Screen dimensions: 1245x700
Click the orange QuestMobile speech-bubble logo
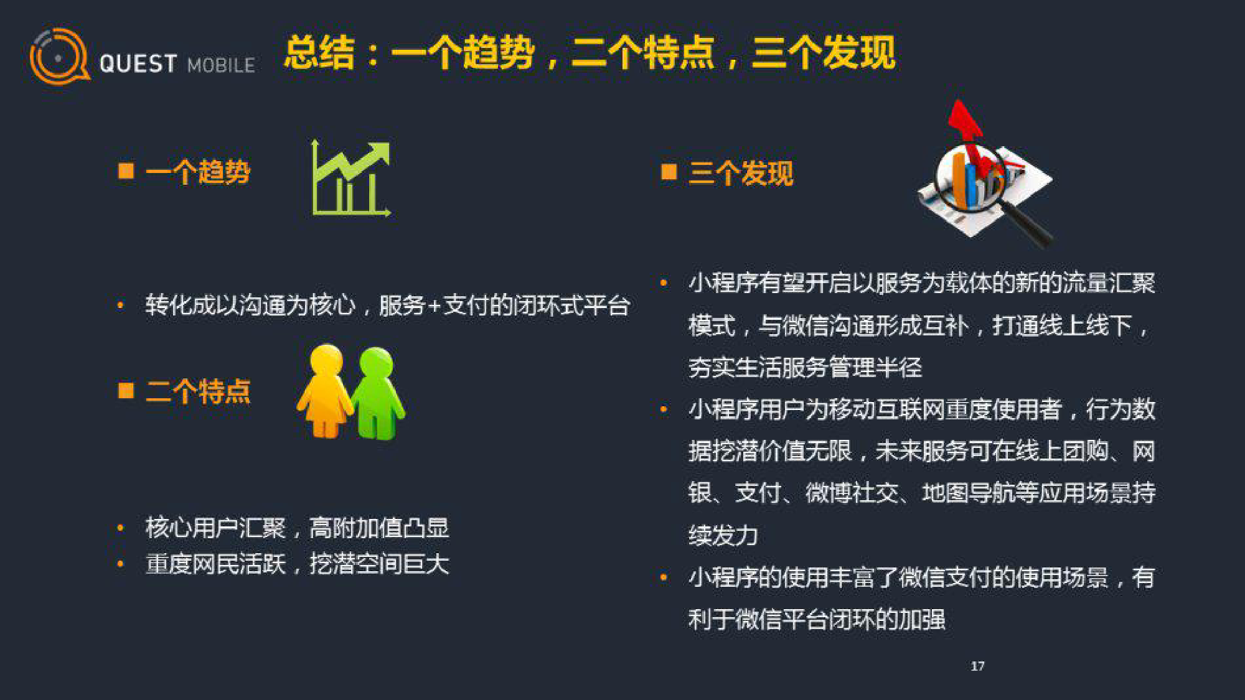[x=60, y=56]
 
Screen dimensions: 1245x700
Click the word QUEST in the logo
[x=138, y=64]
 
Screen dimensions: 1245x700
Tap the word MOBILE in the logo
[x=221, y=65]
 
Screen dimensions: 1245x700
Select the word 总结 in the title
[x=319, y=52]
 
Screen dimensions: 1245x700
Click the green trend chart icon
[x=351, y=179]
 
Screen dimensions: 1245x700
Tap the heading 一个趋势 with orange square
[x=184, y=172]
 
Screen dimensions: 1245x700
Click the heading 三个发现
[x=741, y=173]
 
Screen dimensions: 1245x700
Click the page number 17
[x=977, y=666]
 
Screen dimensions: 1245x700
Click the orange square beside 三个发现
[x=669, y=171]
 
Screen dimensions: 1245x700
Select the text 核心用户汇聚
[x=215, y=528]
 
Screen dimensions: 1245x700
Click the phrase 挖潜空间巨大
[x=379, y=564]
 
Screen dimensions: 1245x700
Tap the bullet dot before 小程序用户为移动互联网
[x=664, y=409]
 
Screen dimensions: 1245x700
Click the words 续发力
[x=723, y=536]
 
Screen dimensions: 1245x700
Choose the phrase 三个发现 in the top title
[x=824, y=52]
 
